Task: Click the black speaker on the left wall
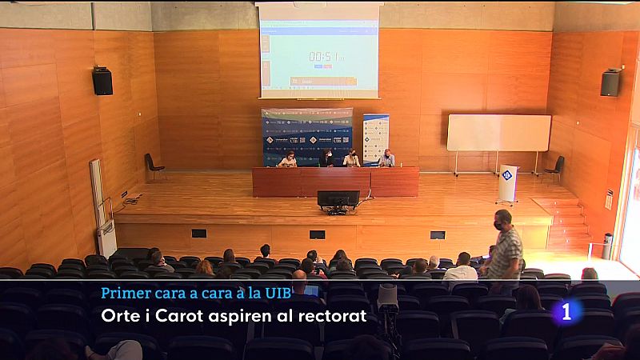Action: point(102,81)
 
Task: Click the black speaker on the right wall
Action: point(610,82)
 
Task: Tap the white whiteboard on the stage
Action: point(498,133)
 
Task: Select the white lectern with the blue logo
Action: point(508,182)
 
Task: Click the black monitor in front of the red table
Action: point(338,199)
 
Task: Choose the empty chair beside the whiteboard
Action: point(555,168)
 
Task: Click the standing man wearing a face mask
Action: point(505,251)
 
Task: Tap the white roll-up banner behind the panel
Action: point(375,138)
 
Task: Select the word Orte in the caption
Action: point(120,316)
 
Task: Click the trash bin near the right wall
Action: point(607,246)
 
